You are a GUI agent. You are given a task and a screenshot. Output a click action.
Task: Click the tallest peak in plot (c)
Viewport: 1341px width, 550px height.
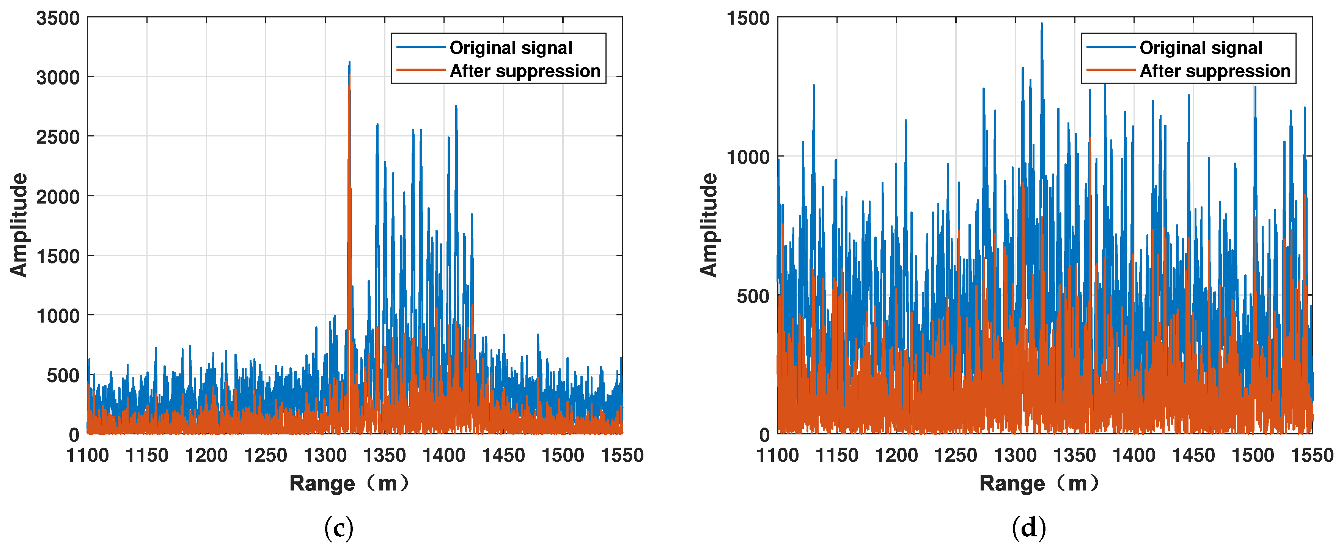(x=349, y=63)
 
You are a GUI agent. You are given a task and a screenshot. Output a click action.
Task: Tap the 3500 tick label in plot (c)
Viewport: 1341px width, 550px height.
(x=58, y=18)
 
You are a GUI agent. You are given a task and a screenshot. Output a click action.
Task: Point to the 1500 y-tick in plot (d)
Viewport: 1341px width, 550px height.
(x=748, y=18)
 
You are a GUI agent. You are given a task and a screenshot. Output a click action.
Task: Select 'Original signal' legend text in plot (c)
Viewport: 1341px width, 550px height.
(x=511, y=48)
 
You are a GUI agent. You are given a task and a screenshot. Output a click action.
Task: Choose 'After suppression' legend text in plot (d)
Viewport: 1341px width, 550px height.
(x=1215, y=71)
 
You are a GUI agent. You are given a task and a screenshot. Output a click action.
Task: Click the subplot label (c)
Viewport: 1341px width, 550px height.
(x=338, y=528)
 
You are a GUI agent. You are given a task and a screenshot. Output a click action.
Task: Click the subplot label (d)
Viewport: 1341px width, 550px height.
(x=1029, y=528)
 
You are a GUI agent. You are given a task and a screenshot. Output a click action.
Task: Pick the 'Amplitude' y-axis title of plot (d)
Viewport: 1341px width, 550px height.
(x=709, y=225)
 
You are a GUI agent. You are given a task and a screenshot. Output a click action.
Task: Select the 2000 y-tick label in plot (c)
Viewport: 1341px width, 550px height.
(x=58, y=197)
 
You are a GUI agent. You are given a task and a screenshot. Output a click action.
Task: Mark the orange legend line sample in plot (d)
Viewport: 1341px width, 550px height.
(x=1110, y=70)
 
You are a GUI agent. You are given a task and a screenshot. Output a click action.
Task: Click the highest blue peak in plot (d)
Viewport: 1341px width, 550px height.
(x=1042, y=24)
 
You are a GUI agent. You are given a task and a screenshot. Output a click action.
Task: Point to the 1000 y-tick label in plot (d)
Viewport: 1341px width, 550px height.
(x=748, y=157)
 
